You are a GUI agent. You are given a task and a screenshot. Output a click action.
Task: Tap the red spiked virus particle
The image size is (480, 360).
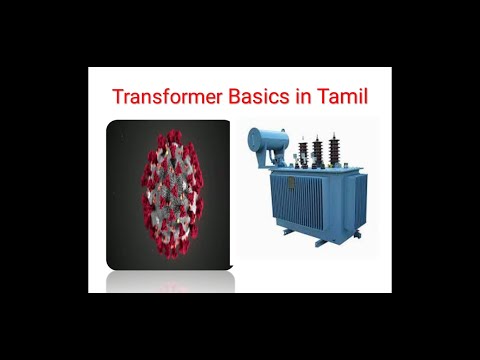[x=167, y=191]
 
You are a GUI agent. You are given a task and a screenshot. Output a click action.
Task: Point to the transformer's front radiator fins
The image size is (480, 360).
[x=300, y=200]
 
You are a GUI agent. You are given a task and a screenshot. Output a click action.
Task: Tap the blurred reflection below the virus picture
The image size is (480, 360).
[x=168, y=282]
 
